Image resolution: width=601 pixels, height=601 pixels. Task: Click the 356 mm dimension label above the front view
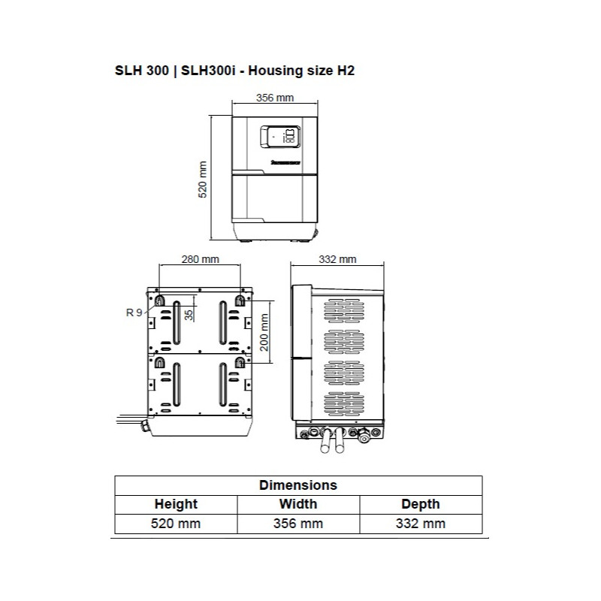(x=274, y=98)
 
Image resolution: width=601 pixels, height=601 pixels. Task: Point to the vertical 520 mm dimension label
(x=202, y=179)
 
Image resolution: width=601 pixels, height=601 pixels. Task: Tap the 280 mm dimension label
(x=201, y=260)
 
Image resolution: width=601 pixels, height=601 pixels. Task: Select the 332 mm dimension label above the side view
(x=337, y=259)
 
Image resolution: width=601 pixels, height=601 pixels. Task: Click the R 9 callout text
(x=134, y=312)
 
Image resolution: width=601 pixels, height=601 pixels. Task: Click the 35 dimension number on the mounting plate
(x=189, y=314)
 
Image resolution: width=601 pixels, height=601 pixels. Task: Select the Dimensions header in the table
(x=297, y=485)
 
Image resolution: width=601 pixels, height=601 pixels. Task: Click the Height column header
(x=176, y=504)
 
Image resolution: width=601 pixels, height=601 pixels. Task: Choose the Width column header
(x=298, y=504)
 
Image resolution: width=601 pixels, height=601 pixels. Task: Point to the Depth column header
(x=421, y=504)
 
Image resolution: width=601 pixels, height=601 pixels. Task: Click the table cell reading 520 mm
(x=176, y=524)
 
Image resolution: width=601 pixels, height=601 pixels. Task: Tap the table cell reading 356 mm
(x=298, y=524)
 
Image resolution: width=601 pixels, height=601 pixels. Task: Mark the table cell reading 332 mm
(x=421, y=524)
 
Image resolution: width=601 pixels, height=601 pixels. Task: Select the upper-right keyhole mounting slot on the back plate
(x=240, y=300)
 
